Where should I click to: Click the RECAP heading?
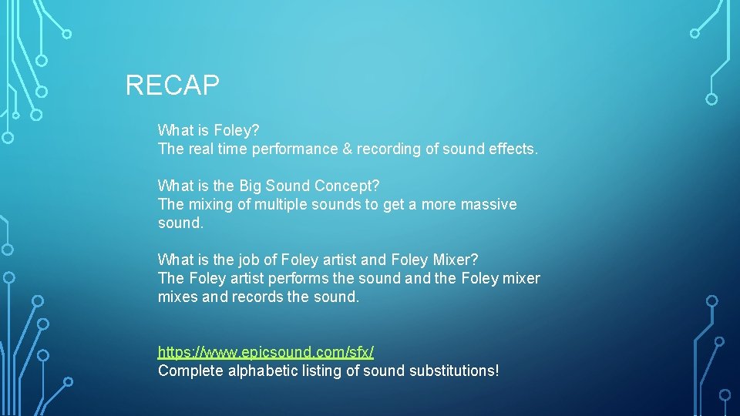pyautogui.click(x=172, y=85)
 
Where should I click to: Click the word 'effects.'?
pyautogui.click(x=513, y=149)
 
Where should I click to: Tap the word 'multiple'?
pyautogui.click(x=282, y=205)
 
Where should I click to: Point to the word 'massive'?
pyautogui.click(x=489, y=205)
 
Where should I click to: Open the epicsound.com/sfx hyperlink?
pyautogui.click(x=266, y=352)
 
